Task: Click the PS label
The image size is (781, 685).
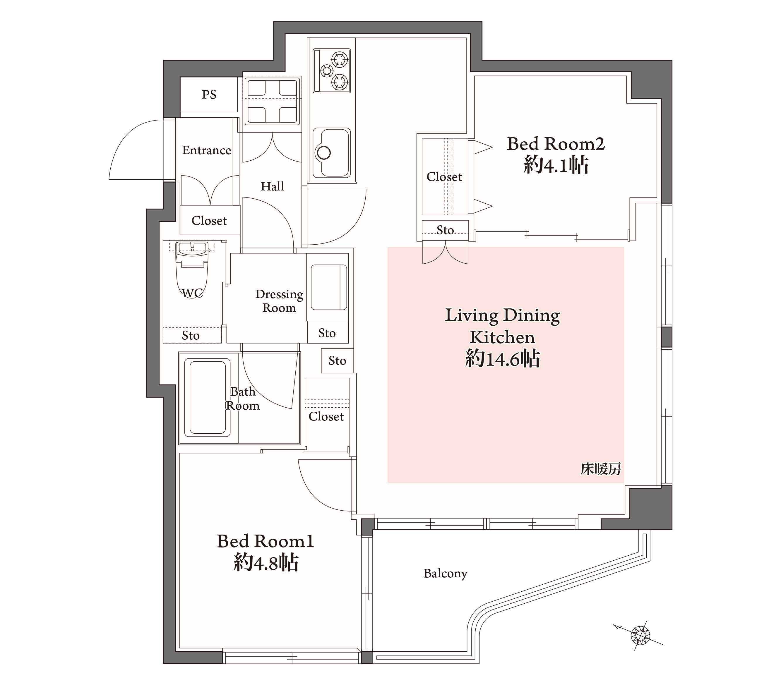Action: [209, 94]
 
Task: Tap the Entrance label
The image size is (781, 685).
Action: [206, 150]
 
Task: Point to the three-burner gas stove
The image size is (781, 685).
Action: [332, 71]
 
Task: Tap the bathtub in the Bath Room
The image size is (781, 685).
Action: [208, 397]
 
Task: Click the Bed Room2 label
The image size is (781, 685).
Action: [556, 144]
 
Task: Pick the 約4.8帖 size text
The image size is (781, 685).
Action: [266, 563]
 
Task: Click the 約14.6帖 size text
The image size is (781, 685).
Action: [502, 359]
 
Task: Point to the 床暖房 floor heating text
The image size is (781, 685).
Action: [601, 469]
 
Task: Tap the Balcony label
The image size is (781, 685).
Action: [445, 574]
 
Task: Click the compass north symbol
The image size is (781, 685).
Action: [640, 635]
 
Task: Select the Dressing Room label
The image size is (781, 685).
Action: [279, 301]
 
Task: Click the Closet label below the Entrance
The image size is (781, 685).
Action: [209, 221]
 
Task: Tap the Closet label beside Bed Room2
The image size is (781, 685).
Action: [444, 177]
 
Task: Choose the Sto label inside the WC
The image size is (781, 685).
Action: [191, 335]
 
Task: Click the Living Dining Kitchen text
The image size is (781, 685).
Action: [502, 326]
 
